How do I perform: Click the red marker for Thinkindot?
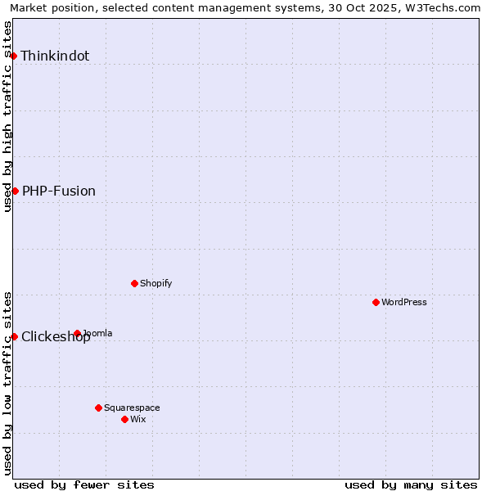point(14,56)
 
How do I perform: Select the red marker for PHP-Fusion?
point(15,191)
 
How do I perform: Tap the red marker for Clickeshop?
point(14,336)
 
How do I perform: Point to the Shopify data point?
point(134,283)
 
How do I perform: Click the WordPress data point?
point(376,302)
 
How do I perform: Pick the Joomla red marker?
point(77,333)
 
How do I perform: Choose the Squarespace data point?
point(98,408)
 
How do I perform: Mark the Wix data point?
point(124,419)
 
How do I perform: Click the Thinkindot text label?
point(55,56)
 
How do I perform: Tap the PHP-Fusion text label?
point(59,191)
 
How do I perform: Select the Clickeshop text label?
point(56,337)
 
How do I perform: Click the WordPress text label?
point(404,303)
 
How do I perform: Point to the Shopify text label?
point(156,284)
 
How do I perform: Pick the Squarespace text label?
point(132,408)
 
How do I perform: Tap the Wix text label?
point(138,420)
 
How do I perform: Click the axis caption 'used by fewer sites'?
point(84,484)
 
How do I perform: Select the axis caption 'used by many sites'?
point(411,484)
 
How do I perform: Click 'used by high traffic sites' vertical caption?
point(7,116)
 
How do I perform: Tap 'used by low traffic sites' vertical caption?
point(7,383)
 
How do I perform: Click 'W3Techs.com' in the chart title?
point(446,7)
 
